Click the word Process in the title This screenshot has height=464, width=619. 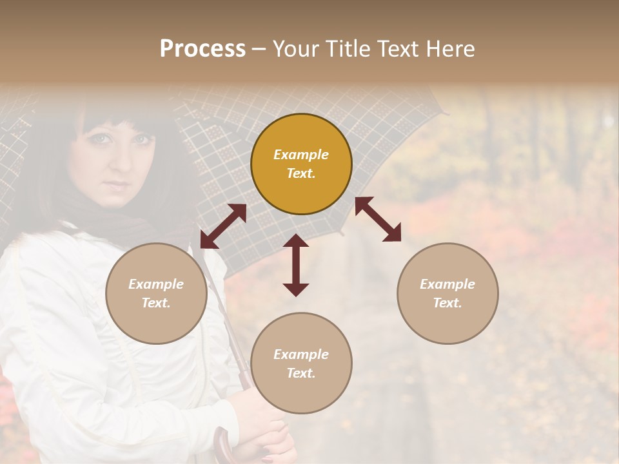click(202, 49)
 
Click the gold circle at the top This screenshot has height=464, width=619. click(301, 164)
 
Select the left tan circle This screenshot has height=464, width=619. click(156, 293)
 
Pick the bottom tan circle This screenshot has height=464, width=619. click(301, 363)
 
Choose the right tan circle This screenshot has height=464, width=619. click(447, 293)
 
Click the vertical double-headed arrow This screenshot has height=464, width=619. click(296, 265)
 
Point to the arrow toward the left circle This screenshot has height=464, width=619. click(223, 226)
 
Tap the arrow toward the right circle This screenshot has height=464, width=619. click(378, 219)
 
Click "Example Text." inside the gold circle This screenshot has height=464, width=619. click(301, 164)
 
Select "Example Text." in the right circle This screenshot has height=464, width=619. click(447, 293)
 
